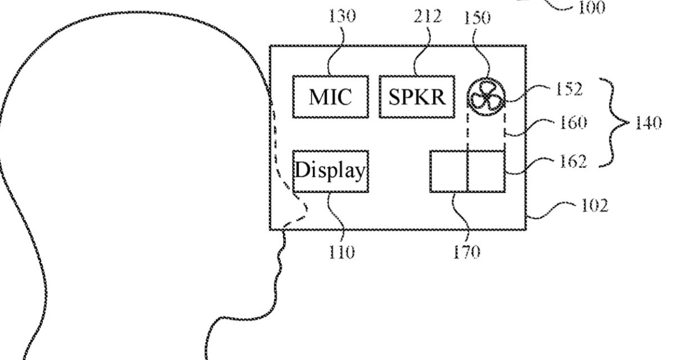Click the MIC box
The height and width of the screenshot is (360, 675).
(330, 97)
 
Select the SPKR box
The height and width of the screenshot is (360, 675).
(416, 97)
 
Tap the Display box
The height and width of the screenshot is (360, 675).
(330, 171)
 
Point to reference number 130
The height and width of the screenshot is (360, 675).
(343, 17)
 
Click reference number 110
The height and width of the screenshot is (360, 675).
(342, 253)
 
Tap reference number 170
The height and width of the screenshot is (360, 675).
(466, 253)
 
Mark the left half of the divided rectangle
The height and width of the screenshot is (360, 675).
(448, 170)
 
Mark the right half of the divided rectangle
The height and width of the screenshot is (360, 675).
(485, 170)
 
